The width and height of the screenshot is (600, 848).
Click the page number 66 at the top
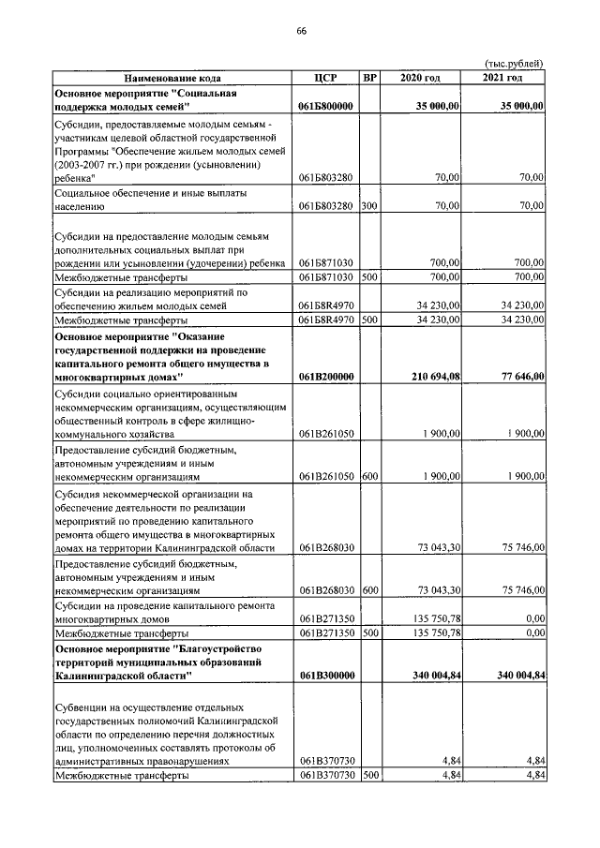coord(301,31)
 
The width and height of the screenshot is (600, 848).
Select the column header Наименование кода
coord(172,78)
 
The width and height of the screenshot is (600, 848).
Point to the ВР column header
coord(369,78)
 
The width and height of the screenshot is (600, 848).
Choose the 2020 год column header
coord(420,78)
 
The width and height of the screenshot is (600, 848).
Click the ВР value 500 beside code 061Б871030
coord(369,277)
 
